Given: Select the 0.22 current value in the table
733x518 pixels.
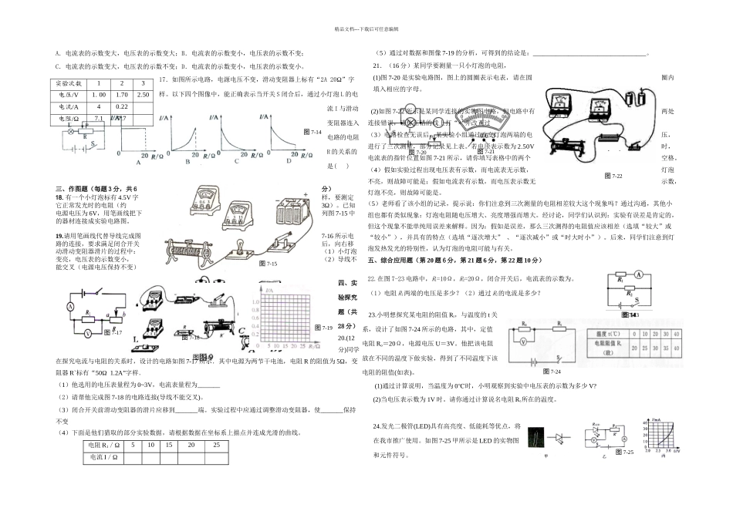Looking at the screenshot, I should point(121,106).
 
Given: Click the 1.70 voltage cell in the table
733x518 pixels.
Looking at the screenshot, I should point(121,94).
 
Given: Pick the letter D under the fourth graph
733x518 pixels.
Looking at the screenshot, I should point(289,161).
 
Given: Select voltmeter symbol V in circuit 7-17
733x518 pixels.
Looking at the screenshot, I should point(87,334).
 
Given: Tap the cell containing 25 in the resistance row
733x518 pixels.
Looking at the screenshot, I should point(216,446).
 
